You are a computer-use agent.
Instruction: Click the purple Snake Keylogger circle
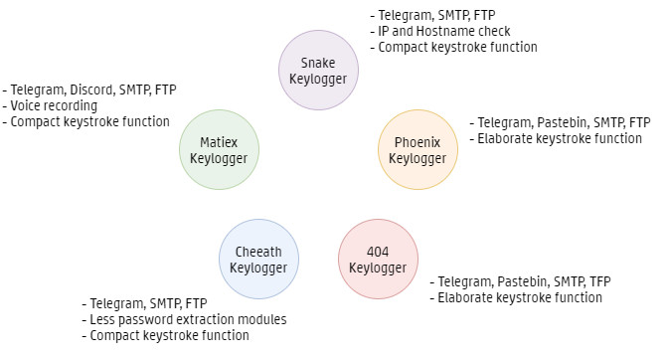[x=318, y=71]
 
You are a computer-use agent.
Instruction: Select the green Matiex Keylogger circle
[x=219, y=150]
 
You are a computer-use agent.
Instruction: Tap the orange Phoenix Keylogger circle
[x=417, y=150]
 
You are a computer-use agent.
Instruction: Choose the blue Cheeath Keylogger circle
[x=258, y=260]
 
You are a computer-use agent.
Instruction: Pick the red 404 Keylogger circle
[x=378, y=260]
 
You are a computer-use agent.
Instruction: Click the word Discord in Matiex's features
[x=92, y=90]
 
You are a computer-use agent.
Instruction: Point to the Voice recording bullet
[x=50, y=105]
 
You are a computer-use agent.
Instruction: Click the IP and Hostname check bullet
[x=440, y=31]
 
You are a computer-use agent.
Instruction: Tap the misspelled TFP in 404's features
[x=599, y=281]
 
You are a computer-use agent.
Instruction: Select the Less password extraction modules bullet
[x=184, y=319]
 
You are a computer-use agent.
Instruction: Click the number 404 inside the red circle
[x=378, y=252]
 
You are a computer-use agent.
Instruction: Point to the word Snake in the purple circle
[x=318, y=63]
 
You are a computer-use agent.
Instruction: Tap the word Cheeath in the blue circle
[x=258, y=252]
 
